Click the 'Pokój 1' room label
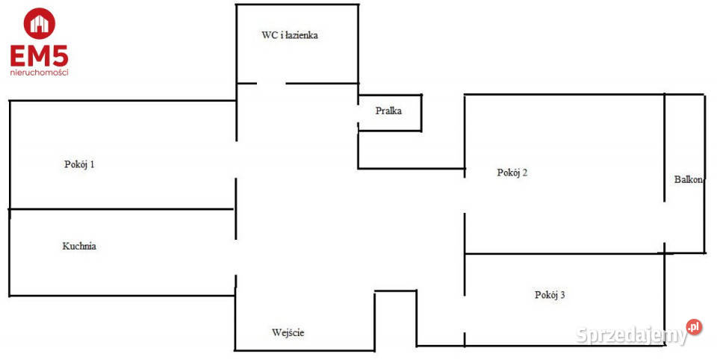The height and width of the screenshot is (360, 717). [79, 165]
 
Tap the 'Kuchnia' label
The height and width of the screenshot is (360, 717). [79, 245]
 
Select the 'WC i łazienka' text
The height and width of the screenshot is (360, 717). [290, 35]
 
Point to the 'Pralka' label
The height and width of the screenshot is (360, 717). [388, 111]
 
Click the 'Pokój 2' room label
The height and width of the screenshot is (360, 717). [512, 173]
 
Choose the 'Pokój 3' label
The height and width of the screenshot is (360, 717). [550, 295]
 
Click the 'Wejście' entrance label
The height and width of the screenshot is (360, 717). [288, 332]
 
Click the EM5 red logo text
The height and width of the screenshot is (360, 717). [39, 56]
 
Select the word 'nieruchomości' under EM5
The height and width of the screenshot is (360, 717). [39, 72]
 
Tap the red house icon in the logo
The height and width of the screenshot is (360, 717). [39, 23]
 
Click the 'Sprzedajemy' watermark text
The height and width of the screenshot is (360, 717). [632, 334]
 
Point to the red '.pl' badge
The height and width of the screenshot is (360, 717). [695, 326]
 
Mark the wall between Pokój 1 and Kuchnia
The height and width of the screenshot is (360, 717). [119, 209]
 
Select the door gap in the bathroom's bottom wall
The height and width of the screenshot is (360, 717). [271, 83]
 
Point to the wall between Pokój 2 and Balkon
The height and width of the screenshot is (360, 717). [665, 149]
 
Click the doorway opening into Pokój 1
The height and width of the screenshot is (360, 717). [237, 159]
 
